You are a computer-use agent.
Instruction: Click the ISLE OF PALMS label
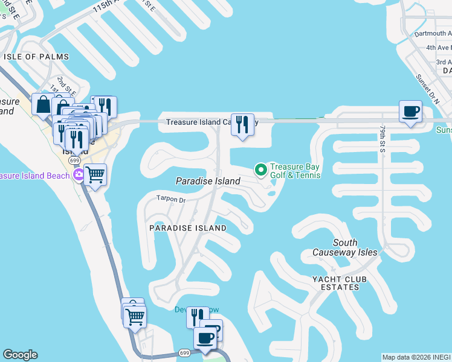36,57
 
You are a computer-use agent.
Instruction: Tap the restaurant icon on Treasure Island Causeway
242,124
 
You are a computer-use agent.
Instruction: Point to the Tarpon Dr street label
170,198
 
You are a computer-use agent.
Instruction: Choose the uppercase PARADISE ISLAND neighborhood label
188,228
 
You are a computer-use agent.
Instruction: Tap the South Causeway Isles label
345,247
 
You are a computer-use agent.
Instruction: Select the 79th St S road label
383,139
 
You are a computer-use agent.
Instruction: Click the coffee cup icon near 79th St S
410,112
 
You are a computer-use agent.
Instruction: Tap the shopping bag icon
44,104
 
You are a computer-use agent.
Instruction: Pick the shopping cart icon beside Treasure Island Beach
95,175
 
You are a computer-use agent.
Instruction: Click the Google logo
20,355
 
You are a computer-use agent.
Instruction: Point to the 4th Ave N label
438,48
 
